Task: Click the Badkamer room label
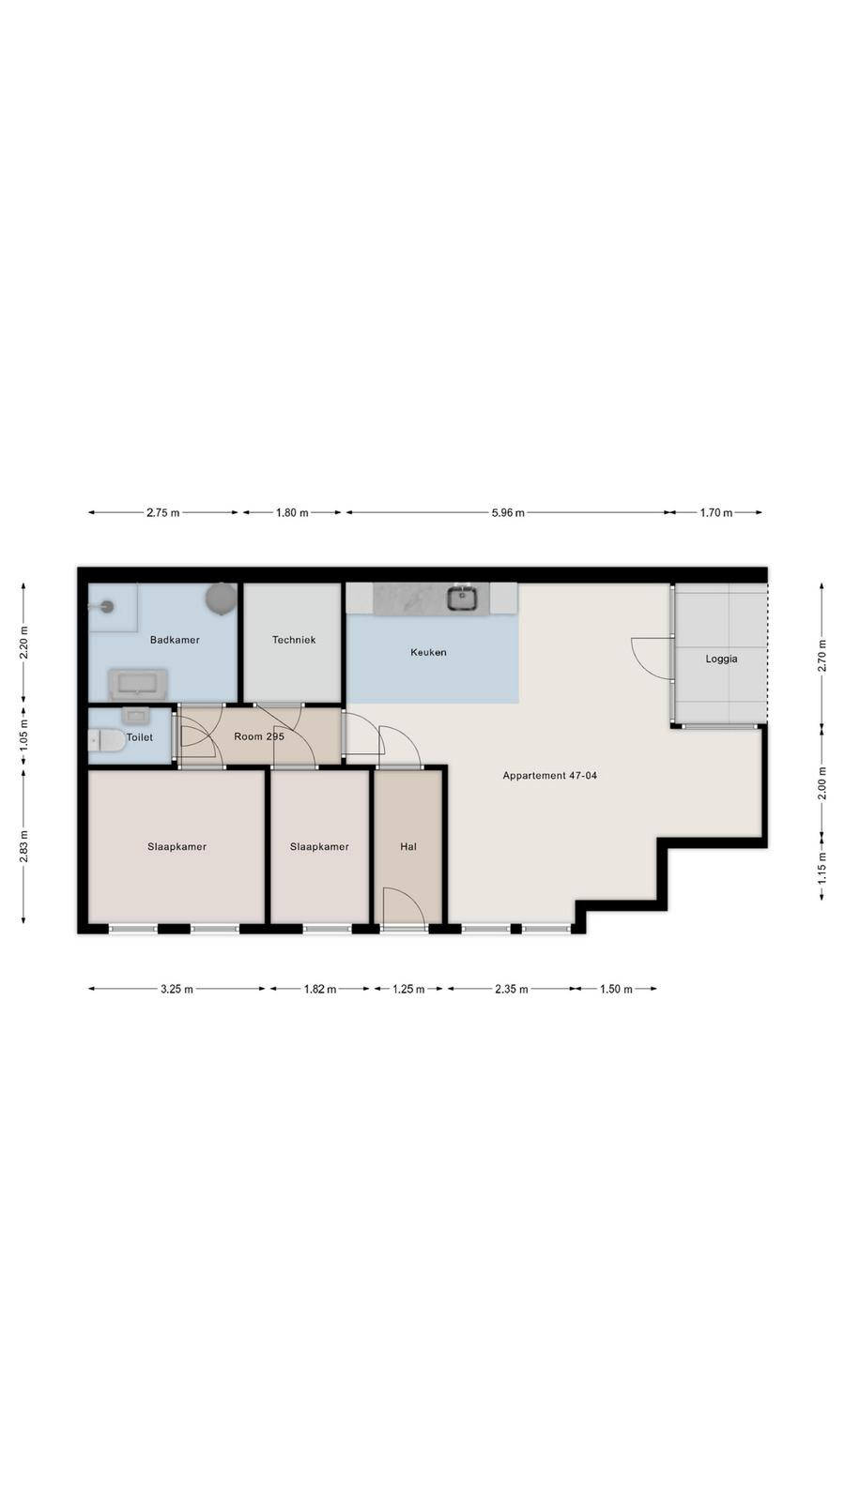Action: [x=175, y=640]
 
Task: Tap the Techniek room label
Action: [x=294, y=640]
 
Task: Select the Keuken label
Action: [x=428, y=652]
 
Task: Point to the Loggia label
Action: [x=721, y=660]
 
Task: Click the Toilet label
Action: [x=140, y=737]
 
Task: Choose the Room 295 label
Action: [x=259, y=736]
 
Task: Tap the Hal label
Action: [x=408, y=847]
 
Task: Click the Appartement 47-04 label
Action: [x=550, y=776]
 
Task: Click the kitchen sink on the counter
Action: [x=462, y=598]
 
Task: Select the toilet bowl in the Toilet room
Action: [x=106, y=740]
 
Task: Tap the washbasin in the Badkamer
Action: [x=138, y=684]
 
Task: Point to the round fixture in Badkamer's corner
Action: [x=221, y=598]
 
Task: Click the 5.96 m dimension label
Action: [x=508, y=513]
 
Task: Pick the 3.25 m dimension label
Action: [x=177, y=989]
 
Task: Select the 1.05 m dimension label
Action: [x=24, y=734]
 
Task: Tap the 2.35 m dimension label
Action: [x=512, y=989]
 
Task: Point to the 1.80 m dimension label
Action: [x=292, y=513]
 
